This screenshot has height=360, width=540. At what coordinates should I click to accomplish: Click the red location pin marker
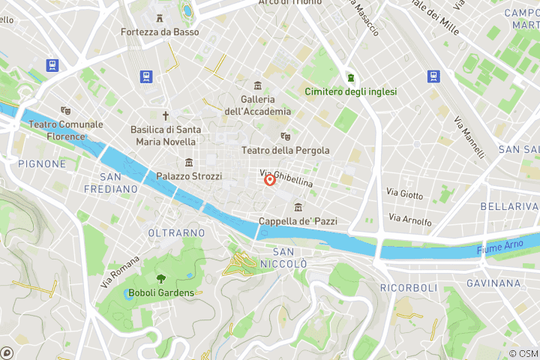pos(270,180)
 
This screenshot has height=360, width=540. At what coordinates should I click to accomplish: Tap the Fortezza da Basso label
pos(160,32)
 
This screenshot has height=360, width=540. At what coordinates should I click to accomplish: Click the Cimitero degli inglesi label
pos(350,91)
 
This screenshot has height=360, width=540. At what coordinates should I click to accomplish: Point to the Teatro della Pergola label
pos(285,150)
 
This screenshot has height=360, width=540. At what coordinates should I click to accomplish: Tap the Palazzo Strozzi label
pos(189,176)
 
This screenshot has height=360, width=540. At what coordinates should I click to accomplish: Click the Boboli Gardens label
pos(161,292)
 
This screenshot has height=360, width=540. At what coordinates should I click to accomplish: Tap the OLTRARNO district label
pos(176,233)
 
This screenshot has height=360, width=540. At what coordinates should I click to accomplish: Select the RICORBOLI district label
pos(409,288)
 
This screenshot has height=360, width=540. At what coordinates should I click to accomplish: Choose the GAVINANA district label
pos(493,283)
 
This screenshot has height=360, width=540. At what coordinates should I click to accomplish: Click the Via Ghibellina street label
pos(286,178)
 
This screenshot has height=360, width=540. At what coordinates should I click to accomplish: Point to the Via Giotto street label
pos(404,193)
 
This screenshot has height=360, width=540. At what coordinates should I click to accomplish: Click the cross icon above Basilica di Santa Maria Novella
pos(166,116)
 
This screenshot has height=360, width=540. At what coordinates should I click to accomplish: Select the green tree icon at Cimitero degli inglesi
pos(350,77)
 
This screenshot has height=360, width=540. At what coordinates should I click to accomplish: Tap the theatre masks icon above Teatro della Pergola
pos(285,136)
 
